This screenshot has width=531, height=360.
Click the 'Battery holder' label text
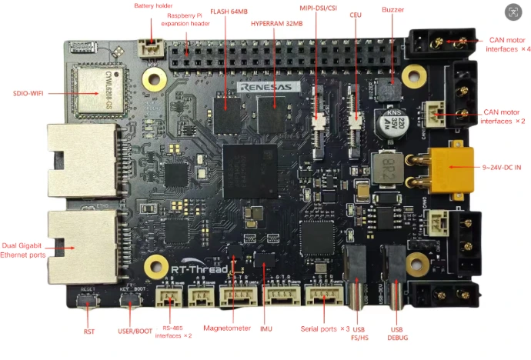point(153,6)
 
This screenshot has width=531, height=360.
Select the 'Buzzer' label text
point(392,10)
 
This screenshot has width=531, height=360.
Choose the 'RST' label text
point(89,333)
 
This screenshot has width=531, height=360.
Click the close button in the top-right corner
point(513,12)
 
